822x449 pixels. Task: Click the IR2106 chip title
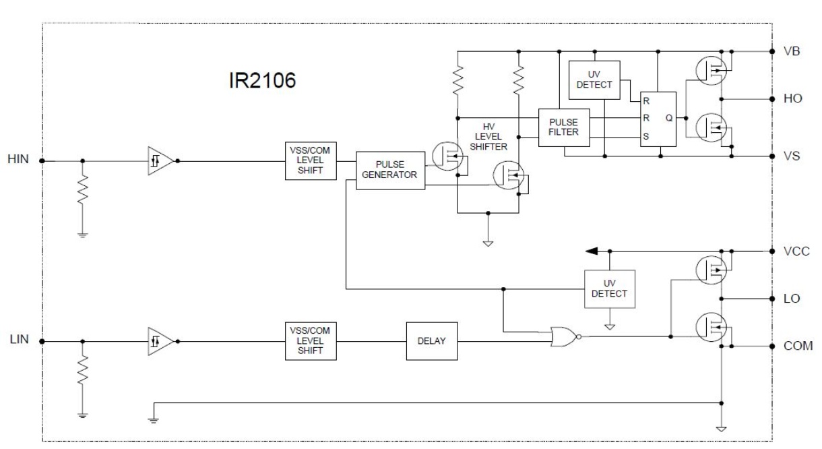coord(262,80)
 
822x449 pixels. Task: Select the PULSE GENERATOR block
coord(391,171)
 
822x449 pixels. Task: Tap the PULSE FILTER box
coord(564,127)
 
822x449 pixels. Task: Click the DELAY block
coord(432,341)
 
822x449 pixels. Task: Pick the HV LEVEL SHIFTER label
coord(488,137)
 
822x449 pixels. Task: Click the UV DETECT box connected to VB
coord(594,80)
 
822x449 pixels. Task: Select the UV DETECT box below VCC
coord(610,289)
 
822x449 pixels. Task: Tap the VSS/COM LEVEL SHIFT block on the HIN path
coord(311,161)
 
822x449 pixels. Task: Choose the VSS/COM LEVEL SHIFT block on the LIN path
coord(311,341)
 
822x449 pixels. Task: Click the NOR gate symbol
coord(565,336)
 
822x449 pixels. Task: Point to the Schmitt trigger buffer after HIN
coord(160,161)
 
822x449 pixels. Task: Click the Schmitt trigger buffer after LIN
coord(160,341)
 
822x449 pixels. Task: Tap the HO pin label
coord(792,98)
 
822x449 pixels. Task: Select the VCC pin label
coord(796,251)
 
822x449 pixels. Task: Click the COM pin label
coord(798,346)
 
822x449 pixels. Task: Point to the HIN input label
coord(18,159)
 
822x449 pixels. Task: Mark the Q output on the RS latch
coord(669,118)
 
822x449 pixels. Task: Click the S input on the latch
coord(646,137)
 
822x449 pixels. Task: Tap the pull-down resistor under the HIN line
coord(83,189)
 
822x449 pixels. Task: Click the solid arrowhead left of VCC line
coord(592,251)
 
